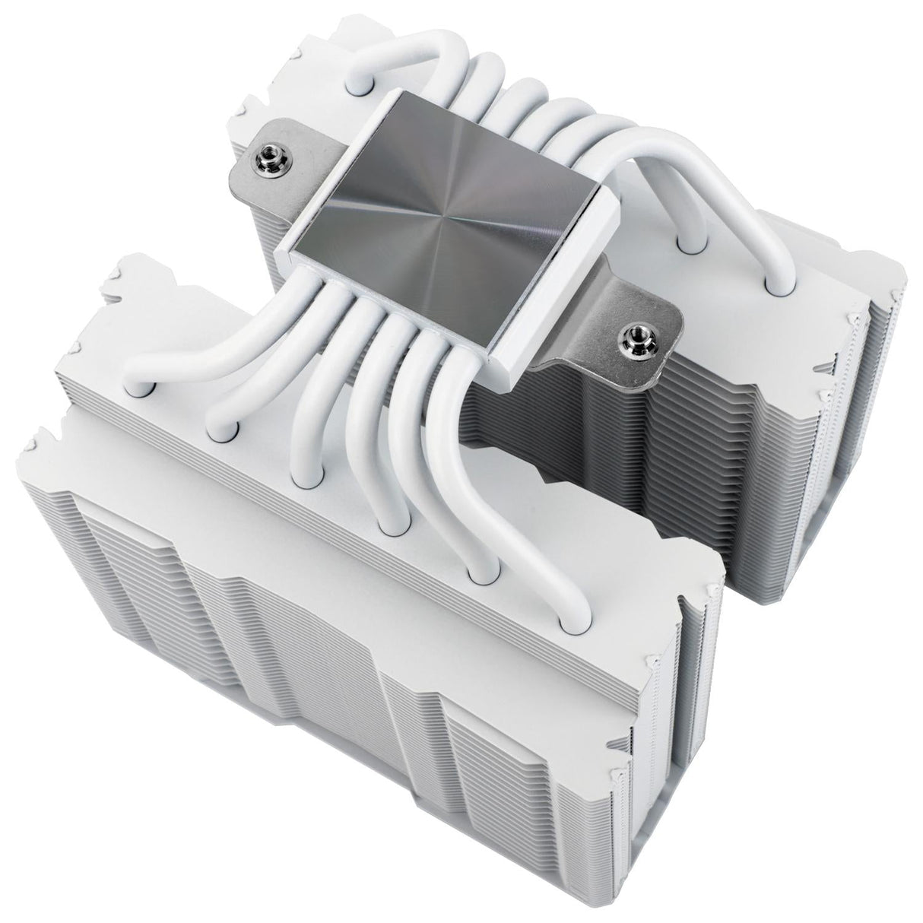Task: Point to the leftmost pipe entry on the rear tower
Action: coord(354,86)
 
